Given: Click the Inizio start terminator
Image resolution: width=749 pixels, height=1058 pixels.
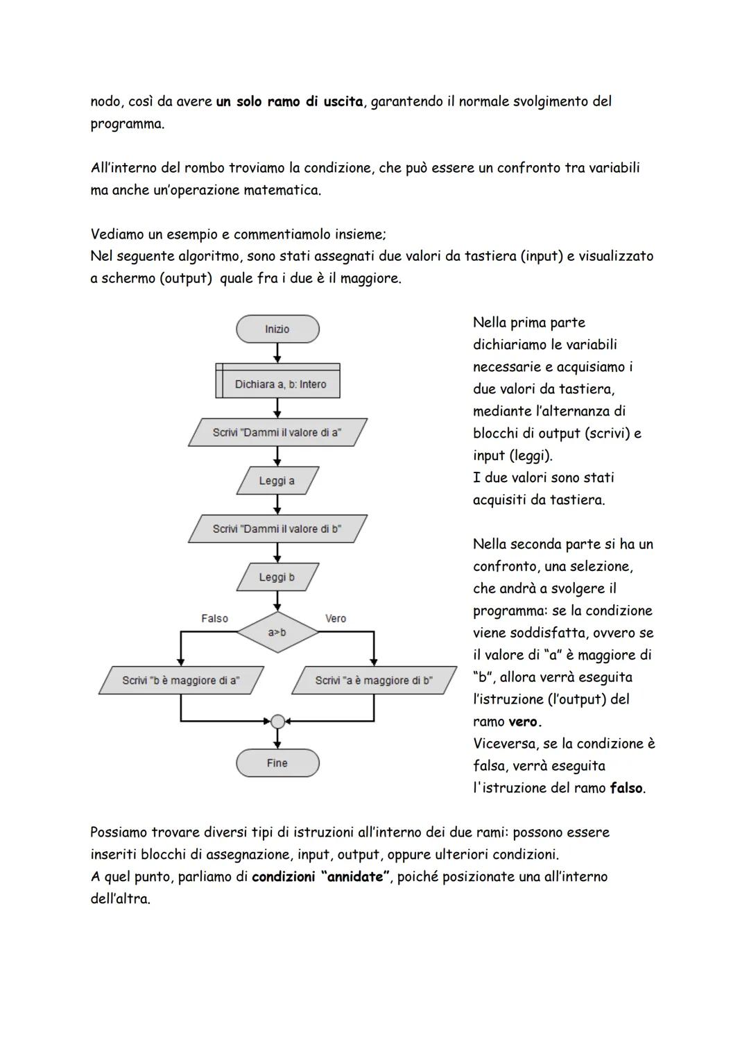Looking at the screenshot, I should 277,329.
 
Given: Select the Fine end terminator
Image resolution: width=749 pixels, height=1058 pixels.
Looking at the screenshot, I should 277,763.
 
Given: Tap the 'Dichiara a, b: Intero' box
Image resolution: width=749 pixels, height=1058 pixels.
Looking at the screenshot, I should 279,384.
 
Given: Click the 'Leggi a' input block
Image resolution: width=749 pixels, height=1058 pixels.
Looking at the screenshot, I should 277,481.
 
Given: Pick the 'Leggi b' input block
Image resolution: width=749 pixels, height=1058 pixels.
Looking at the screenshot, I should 277,577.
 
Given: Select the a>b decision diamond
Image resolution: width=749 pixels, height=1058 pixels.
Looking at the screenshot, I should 277,632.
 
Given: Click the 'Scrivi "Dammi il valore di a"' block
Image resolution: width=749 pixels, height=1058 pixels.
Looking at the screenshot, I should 277,432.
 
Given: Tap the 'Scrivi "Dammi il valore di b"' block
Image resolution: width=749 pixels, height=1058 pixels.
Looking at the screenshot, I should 277,529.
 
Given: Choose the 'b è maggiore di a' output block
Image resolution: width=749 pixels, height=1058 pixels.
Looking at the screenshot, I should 181,681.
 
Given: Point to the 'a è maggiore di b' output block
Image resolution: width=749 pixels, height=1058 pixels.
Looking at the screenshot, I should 374,681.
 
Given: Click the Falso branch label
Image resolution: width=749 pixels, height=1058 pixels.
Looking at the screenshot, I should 214,618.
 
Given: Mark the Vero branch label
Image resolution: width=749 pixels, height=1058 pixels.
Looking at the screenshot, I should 336,618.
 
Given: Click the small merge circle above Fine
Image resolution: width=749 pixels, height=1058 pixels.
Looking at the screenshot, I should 277,722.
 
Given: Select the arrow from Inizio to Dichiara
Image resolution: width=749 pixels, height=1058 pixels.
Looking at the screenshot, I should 277,352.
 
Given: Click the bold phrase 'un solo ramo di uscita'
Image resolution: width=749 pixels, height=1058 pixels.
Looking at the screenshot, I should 289,102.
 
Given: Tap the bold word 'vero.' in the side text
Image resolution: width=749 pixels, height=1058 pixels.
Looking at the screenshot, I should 525,722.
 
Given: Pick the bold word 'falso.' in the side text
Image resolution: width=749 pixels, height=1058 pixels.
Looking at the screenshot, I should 628,788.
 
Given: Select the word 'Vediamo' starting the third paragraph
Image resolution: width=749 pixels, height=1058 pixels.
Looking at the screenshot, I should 117,234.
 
